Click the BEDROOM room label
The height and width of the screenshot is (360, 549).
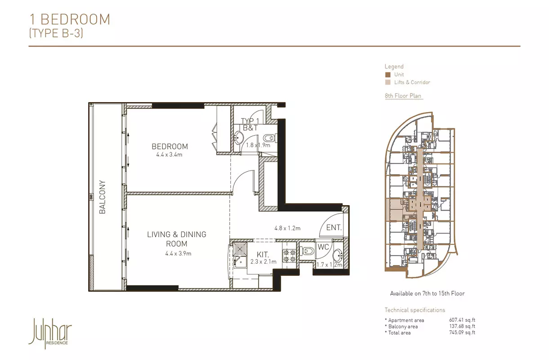[170, 146]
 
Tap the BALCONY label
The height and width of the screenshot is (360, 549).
[103, 197]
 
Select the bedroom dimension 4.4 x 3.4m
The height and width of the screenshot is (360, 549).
[170, 155]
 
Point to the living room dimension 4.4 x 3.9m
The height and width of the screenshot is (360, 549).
[178, 253]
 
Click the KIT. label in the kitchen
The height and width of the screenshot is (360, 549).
[263, 254]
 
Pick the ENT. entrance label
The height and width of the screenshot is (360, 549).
[334, 228]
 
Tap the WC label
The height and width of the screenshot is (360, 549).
[323, 247]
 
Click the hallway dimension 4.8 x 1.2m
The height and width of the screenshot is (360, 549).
[287, 228]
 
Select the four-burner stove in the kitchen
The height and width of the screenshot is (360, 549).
[289, 256]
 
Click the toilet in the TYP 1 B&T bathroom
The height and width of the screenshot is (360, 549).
[271, 138]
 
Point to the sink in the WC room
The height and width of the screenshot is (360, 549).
[338, 256]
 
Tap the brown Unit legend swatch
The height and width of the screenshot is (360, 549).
[388, 75]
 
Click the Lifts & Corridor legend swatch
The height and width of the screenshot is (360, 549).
[388, 82]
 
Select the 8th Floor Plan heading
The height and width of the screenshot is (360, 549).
[403, 96]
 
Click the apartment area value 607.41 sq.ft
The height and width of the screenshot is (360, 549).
[462, 320]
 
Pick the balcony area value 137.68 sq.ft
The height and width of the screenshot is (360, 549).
[462, 326]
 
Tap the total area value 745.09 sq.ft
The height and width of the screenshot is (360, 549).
[462, 333]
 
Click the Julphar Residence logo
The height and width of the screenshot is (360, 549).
[50, 333]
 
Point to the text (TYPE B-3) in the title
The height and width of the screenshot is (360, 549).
[56, 33]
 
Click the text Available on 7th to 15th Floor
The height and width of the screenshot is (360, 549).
[427, 293]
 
